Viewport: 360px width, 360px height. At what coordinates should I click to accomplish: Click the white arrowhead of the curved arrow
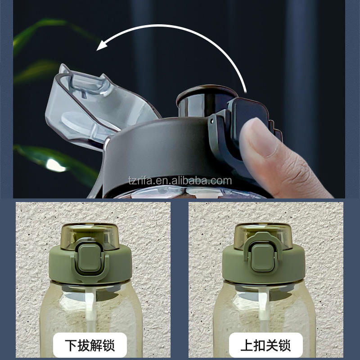(102, 45)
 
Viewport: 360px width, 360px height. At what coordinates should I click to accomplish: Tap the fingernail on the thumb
(262, 137)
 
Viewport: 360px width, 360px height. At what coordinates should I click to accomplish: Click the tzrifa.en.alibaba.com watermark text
(180, 181)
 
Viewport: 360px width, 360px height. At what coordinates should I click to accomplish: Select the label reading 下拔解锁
(90, 345)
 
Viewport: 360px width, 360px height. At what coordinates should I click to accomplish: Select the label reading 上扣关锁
(265, 345)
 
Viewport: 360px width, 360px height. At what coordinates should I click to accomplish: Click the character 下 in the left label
(71, 345)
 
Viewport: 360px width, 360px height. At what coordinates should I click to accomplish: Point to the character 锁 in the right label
(285, 345)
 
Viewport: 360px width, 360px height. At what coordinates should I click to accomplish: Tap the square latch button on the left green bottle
(90, 257)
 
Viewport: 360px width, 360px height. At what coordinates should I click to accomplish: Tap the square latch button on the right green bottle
(263, 258)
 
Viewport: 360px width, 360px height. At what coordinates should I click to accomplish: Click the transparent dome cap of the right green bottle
(263, 236)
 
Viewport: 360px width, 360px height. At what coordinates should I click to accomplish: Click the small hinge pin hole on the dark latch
(212, 121)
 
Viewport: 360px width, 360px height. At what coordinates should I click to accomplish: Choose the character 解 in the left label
(96, 345)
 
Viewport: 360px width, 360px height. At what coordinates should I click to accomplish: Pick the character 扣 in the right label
(260, 345)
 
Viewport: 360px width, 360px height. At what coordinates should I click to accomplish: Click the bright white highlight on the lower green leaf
(55, 165)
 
